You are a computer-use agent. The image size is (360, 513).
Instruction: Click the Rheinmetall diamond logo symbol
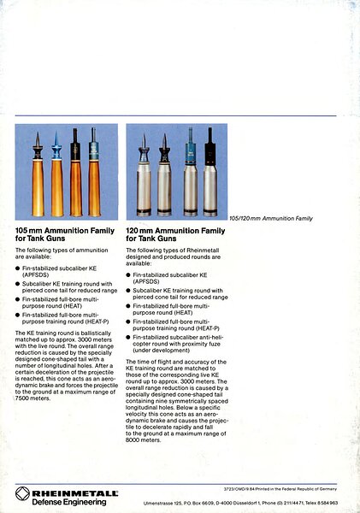tap(22, 493)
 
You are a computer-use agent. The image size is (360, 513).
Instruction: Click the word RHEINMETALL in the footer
tap(75, 493)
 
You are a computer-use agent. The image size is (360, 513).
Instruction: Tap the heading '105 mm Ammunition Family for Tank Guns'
tap(65, 234)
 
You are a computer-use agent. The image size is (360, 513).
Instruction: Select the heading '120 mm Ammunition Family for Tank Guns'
tap(175, 234)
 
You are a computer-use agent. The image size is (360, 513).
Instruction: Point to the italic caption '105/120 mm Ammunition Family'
tap(271, 218)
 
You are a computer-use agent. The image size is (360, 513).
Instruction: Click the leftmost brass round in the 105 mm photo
tap(38, 174)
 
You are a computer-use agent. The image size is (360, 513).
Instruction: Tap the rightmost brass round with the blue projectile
tap(94, 172)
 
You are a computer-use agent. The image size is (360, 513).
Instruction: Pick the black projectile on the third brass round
tap(75, 144)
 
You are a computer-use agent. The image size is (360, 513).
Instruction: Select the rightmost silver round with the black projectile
tap(210, 172)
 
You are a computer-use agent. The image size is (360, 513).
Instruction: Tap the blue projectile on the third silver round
tap(190, 146)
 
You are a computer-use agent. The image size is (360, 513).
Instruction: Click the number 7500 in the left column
tap(22, 398)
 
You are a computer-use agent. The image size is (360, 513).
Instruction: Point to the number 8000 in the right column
tap(133, 440)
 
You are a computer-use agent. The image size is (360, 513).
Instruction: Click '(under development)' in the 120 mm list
tap(161, 351)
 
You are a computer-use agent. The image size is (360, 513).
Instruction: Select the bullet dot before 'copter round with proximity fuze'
tap(128, 338)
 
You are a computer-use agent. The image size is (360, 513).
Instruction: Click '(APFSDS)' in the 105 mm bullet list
tap(35, 274)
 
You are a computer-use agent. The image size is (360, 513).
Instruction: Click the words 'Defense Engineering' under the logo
tap(69, 502)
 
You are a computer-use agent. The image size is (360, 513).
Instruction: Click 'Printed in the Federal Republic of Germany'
tap(296, 489)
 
